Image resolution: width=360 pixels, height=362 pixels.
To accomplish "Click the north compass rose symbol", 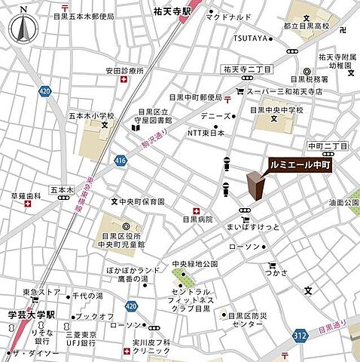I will (24, 28).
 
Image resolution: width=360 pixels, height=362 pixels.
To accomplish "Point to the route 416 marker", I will (121, 160).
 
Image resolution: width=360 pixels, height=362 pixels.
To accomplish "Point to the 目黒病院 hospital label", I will (198, 219).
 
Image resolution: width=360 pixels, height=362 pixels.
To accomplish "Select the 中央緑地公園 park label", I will (194, 264).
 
